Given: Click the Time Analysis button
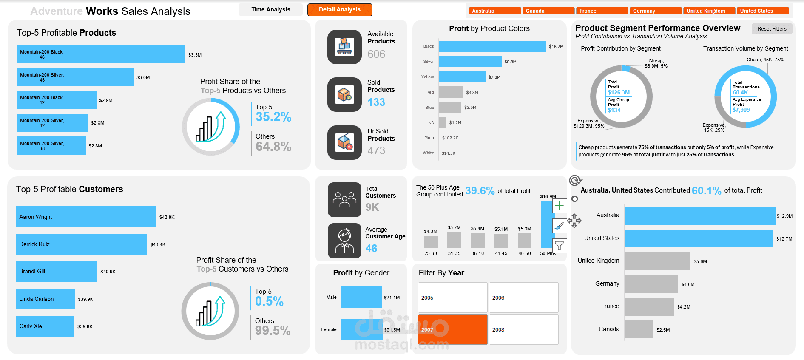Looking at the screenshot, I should point(270,9).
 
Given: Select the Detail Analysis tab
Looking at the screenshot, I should point(339,9).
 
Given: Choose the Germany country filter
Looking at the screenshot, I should point(655,11).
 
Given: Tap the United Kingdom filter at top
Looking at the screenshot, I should point(709,11).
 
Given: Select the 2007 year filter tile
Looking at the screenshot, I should point(452,329).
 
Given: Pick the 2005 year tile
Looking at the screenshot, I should point(452,298).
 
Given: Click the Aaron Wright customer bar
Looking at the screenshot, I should point(86,217).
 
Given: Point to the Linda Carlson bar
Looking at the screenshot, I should point(45,299).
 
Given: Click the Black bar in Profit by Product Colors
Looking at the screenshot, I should point(492,46).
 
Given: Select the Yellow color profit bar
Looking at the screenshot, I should point(462,77).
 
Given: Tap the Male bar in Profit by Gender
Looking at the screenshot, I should point(361,298).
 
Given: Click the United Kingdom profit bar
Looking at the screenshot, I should point(657,261).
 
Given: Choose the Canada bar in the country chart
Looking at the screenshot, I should point(639,329).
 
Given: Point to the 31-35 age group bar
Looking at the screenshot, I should point(454,240).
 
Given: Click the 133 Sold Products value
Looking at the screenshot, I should point(376,102).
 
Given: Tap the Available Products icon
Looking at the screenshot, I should point(344,47).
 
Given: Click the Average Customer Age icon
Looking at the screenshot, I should point(344,241).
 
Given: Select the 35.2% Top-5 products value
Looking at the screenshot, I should point(273,117).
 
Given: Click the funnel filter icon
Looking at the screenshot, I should point(559,245).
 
